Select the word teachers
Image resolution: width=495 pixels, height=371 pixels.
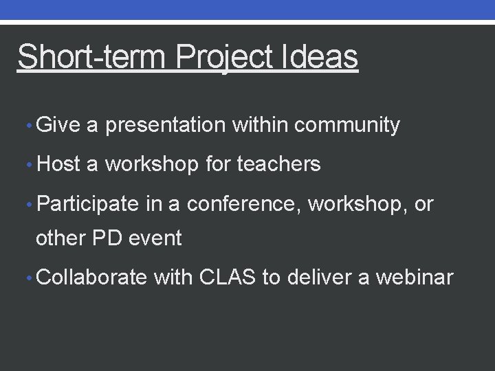278,165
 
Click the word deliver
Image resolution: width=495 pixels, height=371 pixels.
322,278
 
